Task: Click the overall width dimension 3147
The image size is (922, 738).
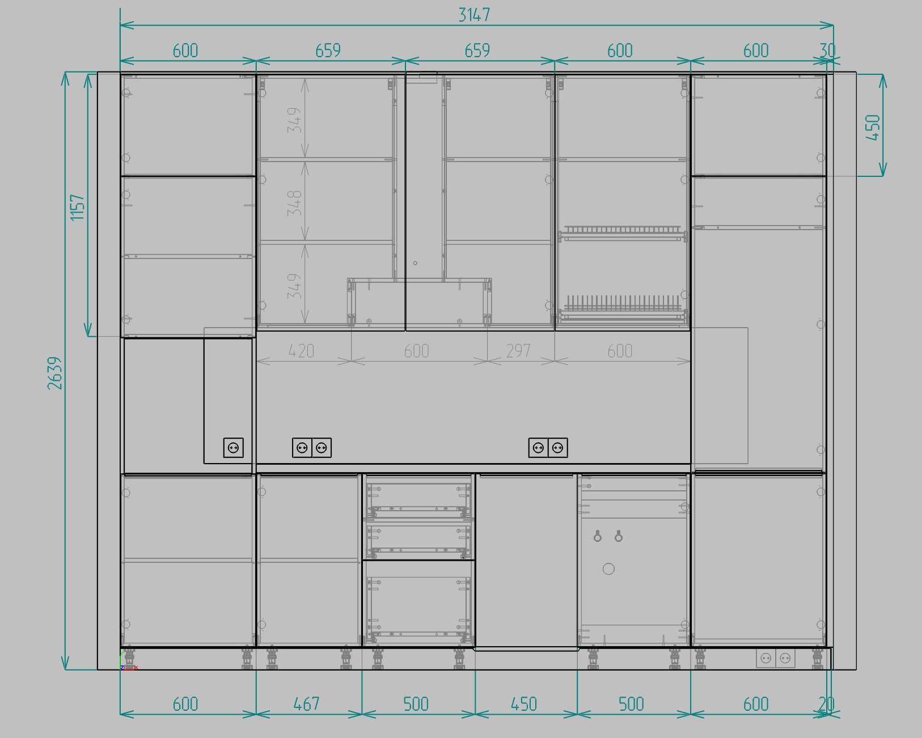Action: [x=474, y=15]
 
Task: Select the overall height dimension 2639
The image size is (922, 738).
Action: [x=55, y=373]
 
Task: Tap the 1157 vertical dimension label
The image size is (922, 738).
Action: [x=78, y=207]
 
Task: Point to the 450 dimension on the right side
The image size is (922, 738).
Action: [x=873, y=127]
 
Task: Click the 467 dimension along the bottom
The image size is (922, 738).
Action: [x=306, y=704]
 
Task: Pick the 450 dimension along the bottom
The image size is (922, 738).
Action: [x=523, y=704]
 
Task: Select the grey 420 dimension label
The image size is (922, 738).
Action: [x=301, y=351]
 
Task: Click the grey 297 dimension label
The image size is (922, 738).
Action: [x=518, y=351]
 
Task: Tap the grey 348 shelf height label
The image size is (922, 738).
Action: [x=295, y=203]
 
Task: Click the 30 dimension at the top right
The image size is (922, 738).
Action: [x=828, y=50]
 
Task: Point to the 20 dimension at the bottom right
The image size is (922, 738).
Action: [x=827, y=704]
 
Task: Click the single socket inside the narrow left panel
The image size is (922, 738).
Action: [x=234, y=448]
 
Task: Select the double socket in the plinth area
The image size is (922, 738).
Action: [x=776, y=658]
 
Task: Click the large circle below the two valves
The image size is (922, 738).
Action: [x=608, y=569]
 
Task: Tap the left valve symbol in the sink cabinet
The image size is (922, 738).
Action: [x=598, y=536]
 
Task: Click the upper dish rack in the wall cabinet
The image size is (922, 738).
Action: [x=623, y=233]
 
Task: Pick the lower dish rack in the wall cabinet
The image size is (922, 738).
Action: [x=623, y=308]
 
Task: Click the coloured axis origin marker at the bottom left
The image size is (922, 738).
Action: [x=127, y=662]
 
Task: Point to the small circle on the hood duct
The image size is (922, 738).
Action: [x=415, y=263]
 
